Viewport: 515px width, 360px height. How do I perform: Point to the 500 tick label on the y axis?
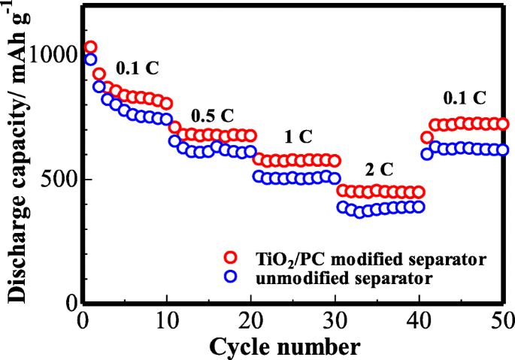59,180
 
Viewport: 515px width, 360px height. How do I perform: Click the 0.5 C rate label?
213,116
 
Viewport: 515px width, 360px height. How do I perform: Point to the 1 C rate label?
298,137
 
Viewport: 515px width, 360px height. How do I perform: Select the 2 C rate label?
380,168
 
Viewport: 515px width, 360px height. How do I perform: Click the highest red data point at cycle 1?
90,47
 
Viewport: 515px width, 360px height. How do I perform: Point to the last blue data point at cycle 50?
503,150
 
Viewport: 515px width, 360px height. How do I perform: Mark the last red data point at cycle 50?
503,124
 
